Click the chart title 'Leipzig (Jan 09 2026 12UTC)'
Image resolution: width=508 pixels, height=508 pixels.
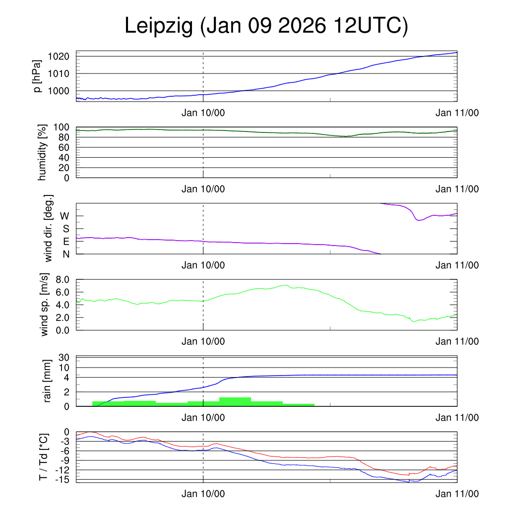pos(266,26)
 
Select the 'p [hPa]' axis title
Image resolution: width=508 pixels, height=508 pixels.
pos(37,76)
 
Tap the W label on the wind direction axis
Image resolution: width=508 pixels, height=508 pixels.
pos(64,216)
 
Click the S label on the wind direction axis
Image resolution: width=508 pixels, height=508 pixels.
pos(65,229)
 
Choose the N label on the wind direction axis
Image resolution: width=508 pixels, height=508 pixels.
pos(65,254)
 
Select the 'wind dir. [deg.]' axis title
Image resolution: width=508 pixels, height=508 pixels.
pos(49,228)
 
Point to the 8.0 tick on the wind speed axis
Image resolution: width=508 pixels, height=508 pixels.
pos(62,280)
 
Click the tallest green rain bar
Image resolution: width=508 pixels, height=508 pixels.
pos(235,402)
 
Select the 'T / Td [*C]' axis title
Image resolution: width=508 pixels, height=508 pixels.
pos(44,456)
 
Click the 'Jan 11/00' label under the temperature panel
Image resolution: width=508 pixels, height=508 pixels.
pos(457,494)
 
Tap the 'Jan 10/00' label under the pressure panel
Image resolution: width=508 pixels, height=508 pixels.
pos(203,113)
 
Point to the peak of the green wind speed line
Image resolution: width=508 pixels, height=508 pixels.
pos(286,285)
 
